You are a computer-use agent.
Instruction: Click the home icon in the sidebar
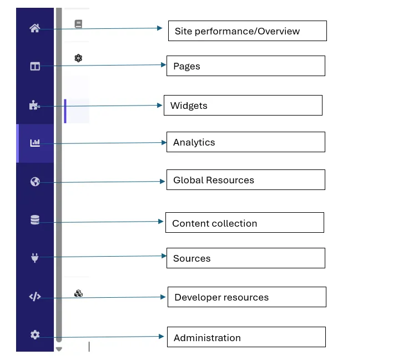click(35, 28)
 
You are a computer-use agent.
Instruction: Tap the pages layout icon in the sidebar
click(35, 67)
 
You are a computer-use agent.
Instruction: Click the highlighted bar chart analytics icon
click(35, 143)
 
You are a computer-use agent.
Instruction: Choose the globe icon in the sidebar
click(35, 182)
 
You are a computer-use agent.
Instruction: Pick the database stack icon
click(35, 221)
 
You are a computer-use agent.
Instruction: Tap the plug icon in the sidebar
click(35, 258)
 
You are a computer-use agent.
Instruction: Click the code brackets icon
click(35, 297)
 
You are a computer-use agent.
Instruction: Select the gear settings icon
click(35, 334)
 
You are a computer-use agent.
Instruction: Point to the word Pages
click(187, 66)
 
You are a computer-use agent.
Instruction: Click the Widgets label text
click(189, 106)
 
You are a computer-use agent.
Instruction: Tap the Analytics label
click(194, 142)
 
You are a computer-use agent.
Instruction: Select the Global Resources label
click(214, 180)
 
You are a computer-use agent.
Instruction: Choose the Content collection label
click(215, 223)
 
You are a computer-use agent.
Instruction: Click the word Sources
click(192, 258)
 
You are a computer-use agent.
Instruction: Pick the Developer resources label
click(221, 297)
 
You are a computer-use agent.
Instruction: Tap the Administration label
click(207, 338)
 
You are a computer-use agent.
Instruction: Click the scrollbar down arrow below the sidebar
click(59, 349)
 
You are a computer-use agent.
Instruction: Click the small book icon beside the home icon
click(78, 24)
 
